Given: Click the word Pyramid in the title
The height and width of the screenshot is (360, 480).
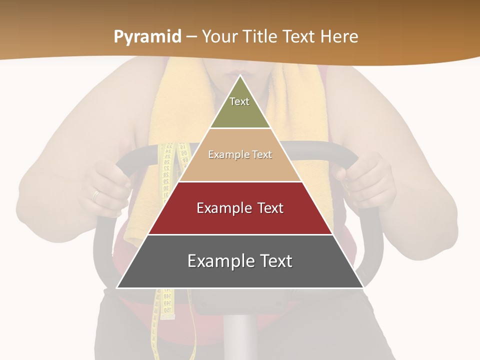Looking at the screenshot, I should pos(147,37).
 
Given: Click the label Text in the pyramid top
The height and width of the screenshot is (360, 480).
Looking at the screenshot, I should pos(239,101).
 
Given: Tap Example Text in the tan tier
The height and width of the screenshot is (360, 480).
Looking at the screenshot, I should pos(240,154).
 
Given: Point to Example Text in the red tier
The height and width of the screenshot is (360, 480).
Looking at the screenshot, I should pos(240,208).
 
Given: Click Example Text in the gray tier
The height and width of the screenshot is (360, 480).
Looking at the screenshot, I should pos(240,261).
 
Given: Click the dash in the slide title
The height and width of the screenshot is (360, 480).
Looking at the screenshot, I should pos(191,37).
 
